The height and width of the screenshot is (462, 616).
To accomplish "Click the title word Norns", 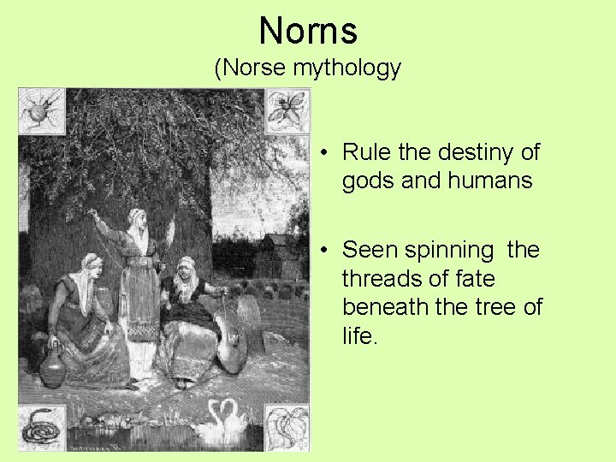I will [308, 31].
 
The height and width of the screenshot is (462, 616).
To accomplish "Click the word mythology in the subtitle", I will [346, 68].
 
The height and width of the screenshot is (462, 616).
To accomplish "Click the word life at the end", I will [358, 335].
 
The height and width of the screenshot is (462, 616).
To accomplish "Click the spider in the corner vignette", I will [39, 109].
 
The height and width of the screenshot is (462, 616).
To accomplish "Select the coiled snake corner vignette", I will [38, 425].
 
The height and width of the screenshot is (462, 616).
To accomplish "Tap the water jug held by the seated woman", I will [53, 367].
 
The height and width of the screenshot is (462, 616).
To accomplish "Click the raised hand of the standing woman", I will [93, 215].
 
